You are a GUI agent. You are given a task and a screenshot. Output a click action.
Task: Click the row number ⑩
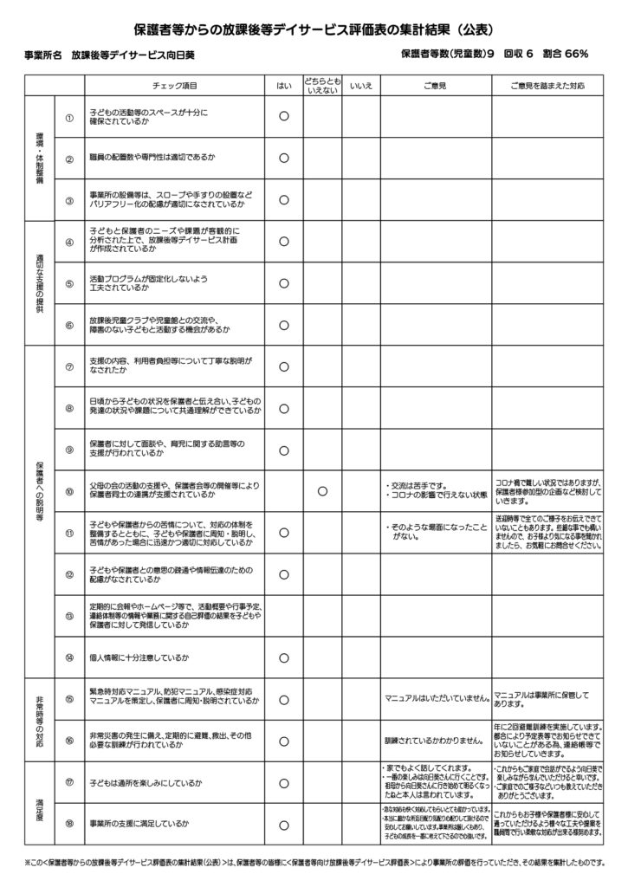click(69, 491)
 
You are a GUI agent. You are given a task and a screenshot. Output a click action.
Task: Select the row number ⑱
click(69, 823)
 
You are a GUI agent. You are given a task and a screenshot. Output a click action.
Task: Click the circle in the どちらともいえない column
click(321, 491)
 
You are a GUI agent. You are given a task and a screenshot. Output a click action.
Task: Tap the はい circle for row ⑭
click(283, 657)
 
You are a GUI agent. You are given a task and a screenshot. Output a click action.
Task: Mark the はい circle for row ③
click(283, 199)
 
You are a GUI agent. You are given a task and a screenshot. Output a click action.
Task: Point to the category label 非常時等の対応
click(39, 719)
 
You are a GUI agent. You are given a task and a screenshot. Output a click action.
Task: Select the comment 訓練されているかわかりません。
click(433, 741)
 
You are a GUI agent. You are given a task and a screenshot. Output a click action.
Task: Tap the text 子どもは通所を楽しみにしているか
click(146, 782)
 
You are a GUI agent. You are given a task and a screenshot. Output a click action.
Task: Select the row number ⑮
click(69, 698)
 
